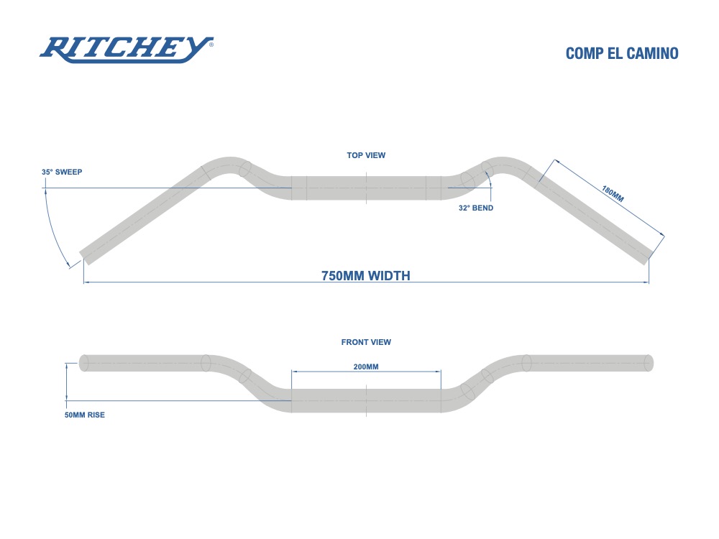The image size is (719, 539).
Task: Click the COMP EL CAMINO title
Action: point(622,54)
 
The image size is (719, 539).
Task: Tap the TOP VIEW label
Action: point(367,155)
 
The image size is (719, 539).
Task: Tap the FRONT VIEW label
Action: point(366,342)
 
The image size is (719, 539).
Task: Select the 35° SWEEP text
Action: point(68,172)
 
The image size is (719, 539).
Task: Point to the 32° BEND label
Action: point(476,208)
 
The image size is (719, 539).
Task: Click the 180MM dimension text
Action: point(613,193)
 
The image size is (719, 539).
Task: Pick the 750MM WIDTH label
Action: point(366,275)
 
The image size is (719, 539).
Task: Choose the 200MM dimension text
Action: point(366,367)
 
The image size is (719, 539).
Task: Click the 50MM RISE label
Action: point(85,415)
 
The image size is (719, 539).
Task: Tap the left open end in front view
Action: point(83,363)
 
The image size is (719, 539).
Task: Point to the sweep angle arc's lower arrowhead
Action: point(70,264)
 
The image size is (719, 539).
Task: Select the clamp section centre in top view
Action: point(366,188)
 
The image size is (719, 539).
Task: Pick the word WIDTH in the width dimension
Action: point(389,275)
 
